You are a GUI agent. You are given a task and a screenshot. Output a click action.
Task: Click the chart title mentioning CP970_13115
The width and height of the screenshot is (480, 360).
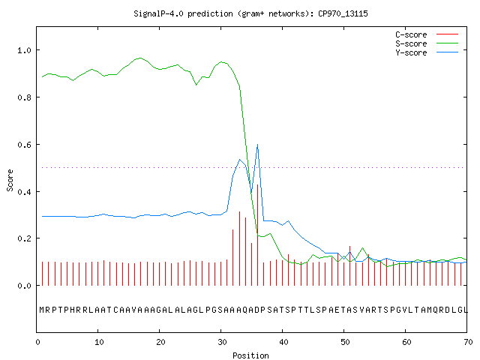pyautogui.click(x=250, y=13)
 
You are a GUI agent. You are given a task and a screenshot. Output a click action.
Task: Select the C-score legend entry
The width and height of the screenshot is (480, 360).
pyautogui.click(x=427, y=34)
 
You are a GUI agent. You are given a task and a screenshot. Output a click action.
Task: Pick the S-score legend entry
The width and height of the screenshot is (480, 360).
pyautogui.click(x=427, y=43)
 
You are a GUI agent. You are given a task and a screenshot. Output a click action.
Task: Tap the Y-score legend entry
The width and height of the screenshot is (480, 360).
pyautogui.click(x=427, y=52)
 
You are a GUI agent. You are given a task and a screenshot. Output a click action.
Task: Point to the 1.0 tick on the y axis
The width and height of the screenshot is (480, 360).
pyautogui.click(x=24, y=50)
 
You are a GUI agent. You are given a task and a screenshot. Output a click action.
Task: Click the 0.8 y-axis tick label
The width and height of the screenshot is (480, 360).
pyautogui.click(x=24, y=97)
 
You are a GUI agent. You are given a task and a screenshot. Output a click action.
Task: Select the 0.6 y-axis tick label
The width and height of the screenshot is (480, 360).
pyautogui.click(x=24, y=145)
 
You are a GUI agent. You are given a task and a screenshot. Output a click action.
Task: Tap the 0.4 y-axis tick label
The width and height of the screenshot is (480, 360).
pyautogui.click(x=24, y=192)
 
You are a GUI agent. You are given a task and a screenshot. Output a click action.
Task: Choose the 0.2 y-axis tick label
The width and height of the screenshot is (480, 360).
pyautogui.click(x=24, y=238)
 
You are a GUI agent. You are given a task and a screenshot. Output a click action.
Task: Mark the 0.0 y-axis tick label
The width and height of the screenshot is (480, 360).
pyautogui.click(x=24, y=286)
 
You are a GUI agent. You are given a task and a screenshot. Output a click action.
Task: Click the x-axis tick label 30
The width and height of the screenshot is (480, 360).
pyautogui.click(x=222, y=342)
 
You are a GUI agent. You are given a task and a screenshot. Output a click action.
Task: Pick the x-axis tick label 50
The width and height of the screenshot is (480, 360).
pyautogui.click(x=345, y=342)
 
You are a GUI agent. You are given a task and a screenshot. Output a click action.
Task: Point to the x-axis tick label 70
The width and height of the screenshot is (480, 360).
pyautogui.click(x=468, y=342)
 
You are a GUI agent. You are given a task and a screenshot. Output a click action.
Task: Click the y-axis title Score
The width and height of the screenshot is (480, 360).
pyautogui.click(x=10, y=180)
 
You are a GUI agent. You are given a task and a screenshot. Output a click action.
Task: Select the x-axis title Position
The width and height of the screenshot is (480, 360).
pyautogui.click(x=250, y=355)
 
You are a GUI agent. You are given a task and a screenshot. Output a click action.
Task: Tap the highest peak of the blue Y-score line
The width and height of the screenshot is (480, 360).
pyautogui.click(x=258, y=144)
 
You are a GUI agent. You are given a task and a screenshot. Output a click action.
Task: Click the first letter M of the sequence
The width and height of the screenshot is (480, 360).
pyautogui.click(x=42, y=310)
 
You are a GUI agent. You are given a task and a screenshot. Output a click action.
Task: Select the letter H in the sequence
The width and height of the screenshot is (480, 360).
pyautogui.click(x=73, y=310)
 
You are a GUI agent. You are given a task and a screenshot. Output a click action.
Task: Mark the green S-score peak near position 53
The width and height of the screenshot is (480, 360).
pyautogui.click(x=362, y=248)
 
